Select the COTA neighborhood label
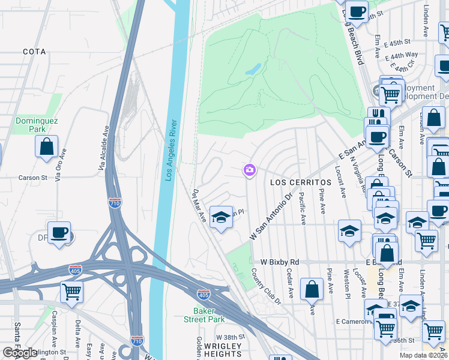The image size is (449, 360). [x=34, y=52]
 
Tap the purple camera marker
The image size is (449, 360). [x=249, y=171]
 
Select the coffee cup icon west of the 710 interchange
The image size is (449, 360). [x=59, y=233]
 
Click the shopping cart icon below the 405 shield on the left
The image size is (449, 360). [x=71, y=292]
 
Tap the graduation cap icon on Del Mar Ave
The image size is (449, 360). [x=221, y=217]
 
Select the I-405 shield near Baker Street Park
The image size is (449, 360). [x=203, y=294]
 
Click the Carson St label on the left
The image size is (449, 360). [x=32, y=178]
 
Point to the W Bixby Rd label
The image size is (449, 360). [x=280, y=263]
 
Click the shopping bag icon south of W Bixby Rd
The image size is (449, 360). [x=312, y=289]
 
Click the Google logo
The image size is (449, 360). [x=20, y=353]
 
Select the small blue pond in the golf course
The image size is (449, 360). [x=253, y=70]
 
